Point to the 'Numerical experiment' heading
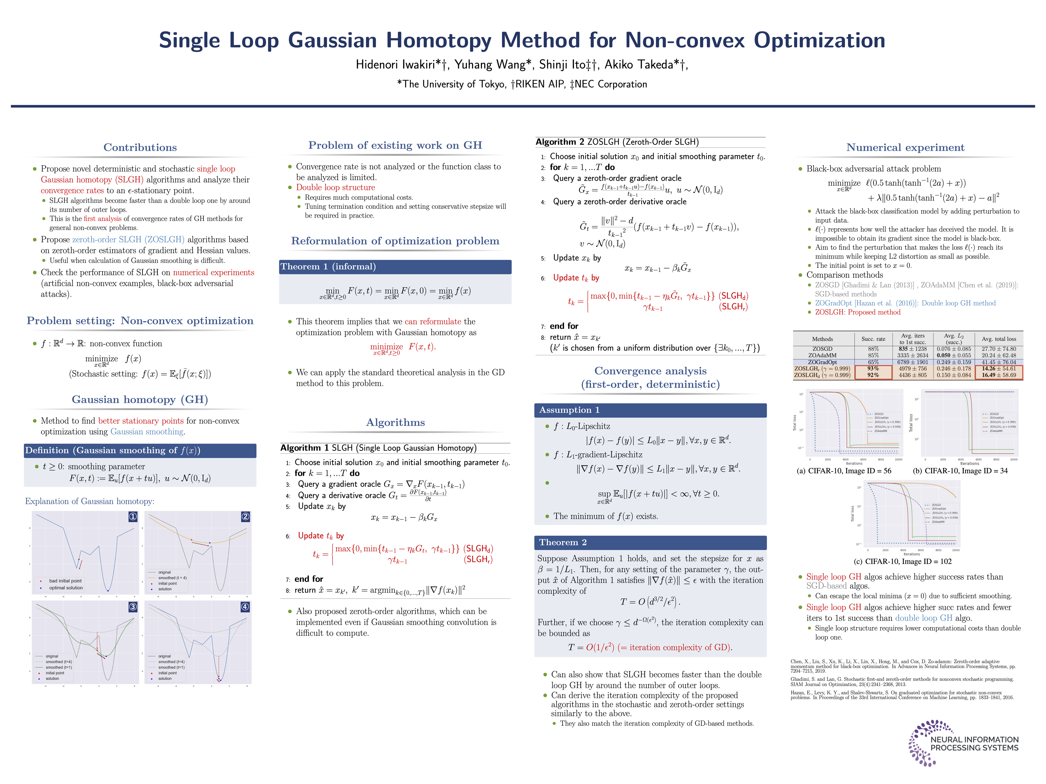tap(905, 148)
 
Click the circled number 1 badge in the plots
tap(133, 516)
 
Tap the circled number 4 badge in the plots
tap(245, 606)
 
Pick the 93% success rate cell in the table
tap(873, 369)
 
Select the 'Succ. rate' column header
tap(873, 339)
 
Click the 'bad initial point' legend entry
tap(65, 581)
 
